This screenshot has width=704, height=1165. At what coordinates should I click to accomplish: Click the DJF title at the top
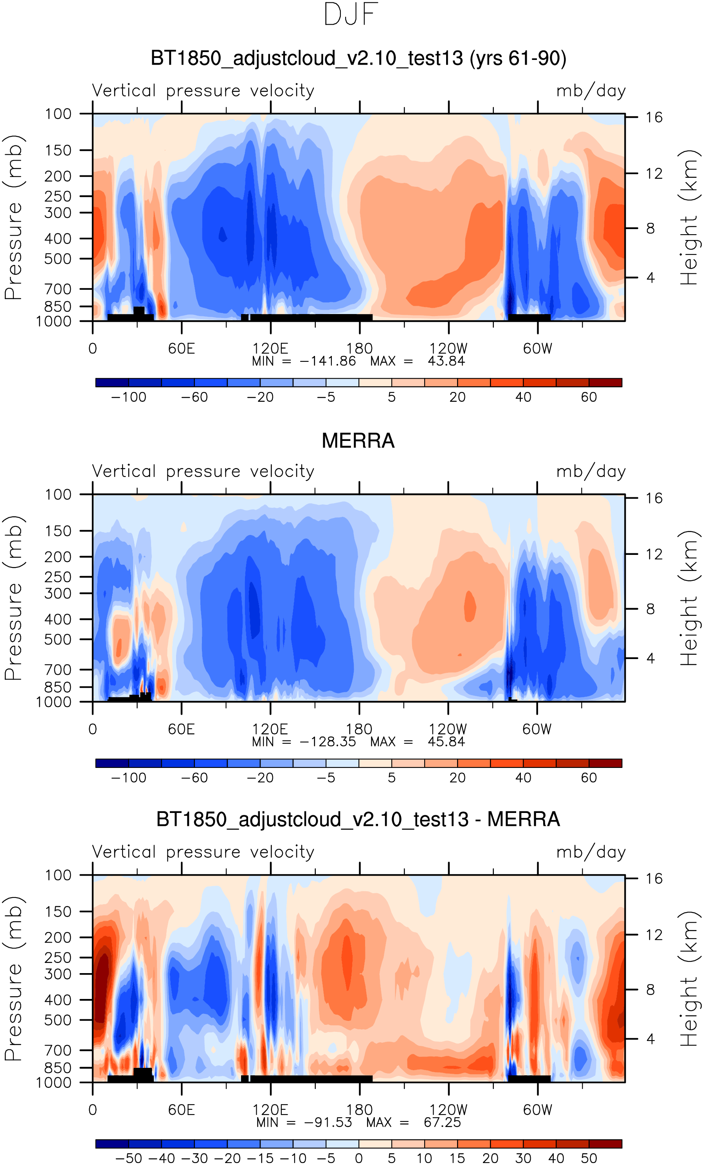(351, 14)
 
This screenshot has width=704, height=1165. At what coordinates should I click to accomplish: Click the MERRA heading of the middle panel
(358, 441)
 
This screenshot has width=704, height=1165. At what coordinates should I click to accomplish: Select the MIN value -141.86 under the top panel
(328, 361)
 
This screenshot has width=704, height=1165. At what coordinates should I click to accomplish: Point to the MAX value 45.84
(446, 741)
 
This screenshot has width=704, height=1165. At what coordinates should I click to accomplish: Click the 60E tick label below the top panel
(182, 349)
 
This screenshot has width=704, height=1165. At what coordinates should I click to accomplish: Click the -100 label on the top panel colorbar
(128, 397)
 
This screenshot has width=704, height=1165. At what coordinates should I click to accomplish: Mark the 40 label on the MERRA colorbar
(523, 778)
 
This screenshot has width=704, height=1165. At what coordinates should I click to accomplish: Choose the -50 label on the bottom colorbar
(128, 1158)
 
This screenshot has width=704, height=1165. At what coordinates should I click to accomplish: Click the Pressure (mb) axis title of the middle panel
(13, 598)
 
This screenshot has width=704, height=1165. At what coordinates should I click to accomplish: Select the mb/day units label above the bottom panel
(591, 852)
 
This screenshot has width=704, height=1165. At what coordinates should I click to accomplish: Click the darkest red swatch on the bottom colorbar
(605, 1144)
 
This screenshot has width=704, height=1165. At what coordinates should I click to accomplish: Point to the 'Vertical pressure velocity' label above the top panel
(203, 90)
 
